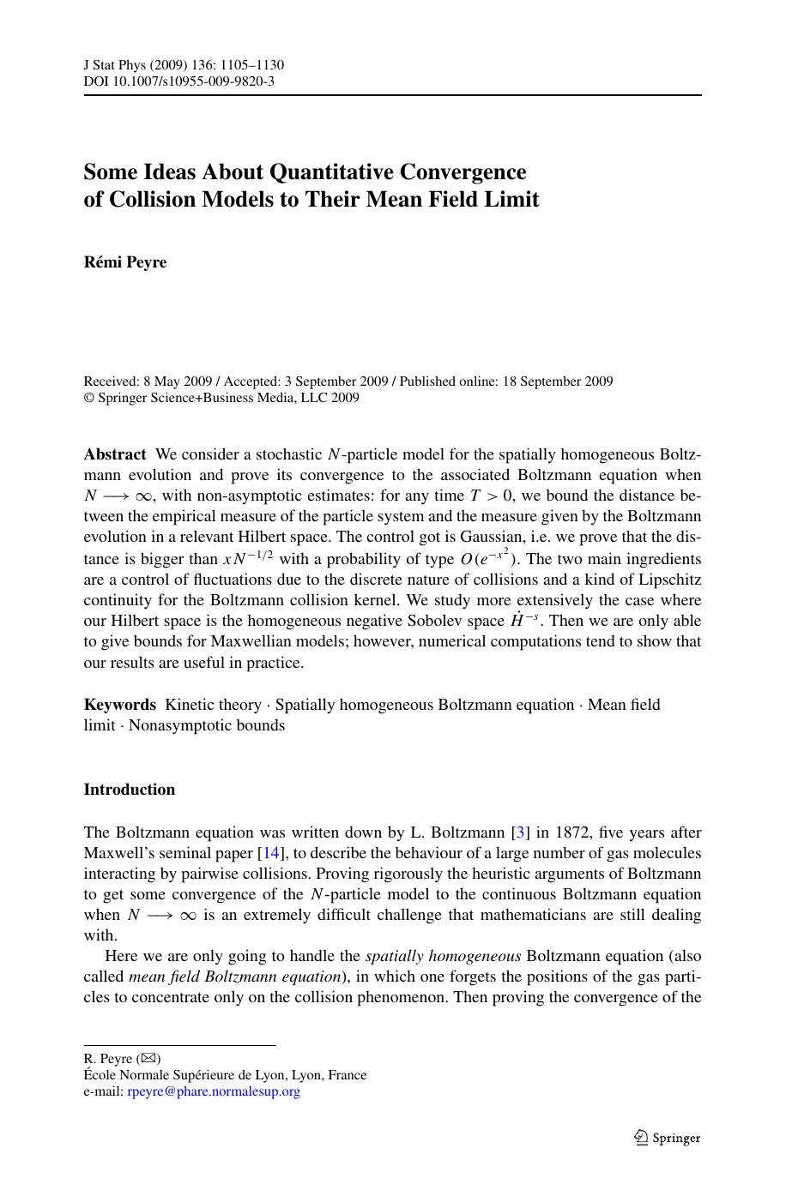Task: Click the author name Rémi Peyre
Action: pos(125,262)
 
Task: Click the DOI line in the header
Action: pos(178,81)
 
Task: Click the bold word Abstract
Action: pos(115,454)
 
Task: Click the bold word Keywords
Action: pos(120,705)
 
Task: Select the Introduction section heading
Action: pos(129,790)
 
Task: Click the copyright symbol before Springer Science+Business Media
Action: pos(88,399)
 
